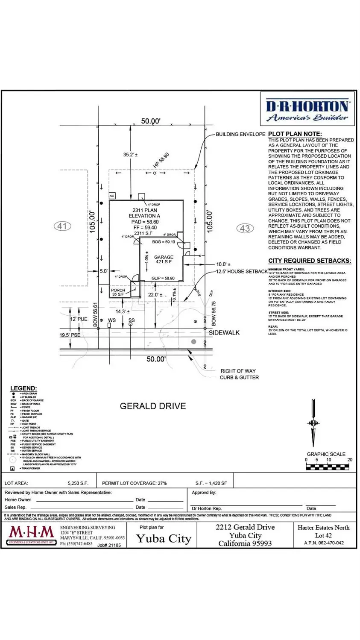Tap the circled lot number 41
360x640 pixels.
coord(62,226)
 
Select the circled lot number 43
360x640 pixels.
coord(245,228)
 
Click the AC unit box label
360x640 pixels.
coord(112,196)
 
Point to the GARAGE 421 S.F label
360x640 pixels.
coord(164,260)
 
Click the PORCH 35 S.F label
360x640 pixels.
coord(118,292)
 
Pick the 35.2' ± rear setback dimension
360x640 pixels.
coord(130,155)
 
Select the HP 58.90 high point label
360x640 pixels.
coord(161,161)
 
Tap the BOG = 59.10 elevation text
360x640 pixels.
coord(164,242)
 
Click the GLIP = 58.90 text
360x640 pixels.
coord(163,278)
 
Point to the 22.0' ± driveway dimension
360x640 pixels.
coord(155,295)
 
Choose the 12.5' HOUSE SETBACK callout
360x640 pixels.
coord(241,271)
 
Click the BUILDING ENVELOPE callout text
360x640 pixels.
coord(240,134)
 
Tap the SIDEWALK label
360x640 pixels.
coord(224,332)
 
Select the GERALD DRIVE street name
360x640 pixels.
coord(153,406)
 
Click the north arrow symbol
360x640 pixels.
coord(313,423)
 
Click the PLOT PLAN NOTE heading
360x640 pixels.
coord(295,134)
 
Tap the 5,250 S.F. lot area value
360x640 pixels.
coord(78,483)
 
